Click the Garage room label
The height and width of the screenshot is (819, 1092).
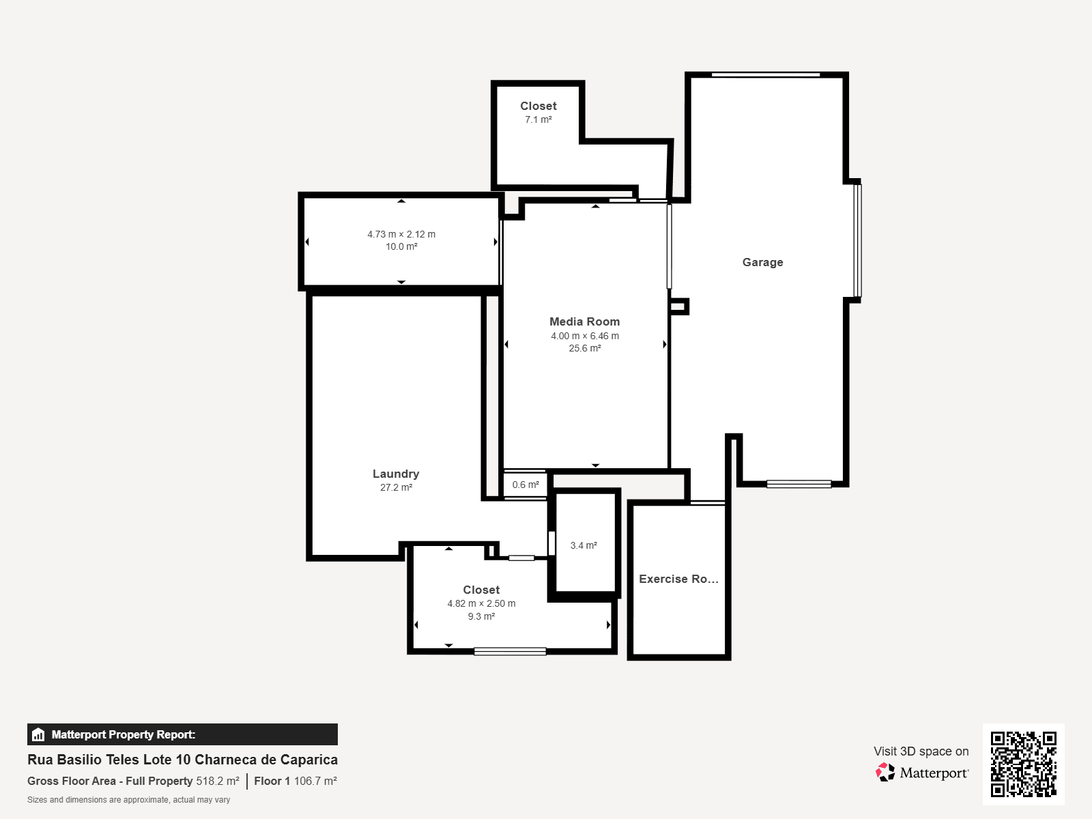(x=762, y=262)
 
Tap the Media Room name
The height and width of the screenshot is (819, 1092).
(x=584, y=321)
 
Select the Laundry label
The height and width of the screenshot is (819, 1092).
(x=396, y=474)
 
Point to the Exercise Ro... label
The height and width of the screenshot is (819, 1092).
(x=678, y=579)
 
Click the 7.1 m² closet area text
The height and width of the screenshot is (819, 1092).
(x=538, y=119)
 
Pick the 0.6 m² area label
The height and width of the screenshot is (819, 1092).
(x=526, y=485)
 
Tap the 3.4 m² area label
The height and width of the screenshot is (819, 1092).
(x=584, y=545)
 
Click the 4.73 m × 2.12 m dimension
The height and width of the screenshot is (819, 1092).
(x=401, y=234)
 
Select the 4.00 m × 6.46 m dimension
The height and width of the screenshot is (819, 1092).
(x=585, y=336)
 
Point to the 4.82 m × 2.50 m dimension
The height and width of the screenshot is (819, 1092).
(x=482, y=604)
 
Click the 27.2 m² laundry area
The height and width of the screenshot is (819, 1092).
(x=396, y=487)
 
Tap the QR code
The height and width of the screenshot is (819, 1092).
(x=1023, y=764)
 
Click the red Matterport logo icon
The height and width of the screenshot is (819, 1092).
(x=885, y=773)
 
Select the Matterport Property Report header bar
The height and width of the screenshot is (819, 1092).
(x=183, y=734)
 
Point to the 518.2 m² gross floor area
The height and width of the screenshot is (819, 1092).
(x=218, y=781)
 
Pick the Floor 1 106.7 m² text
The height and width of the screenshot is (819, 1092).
(x=296, y=781)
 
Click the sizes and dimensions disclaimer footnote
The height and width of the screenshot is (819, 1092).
(x=129, y=800)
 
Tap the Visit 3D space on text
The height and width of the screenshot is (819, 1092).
(x=921, y=751)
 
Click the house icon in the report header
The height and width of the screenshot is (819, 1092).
(x=38, y=734)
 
